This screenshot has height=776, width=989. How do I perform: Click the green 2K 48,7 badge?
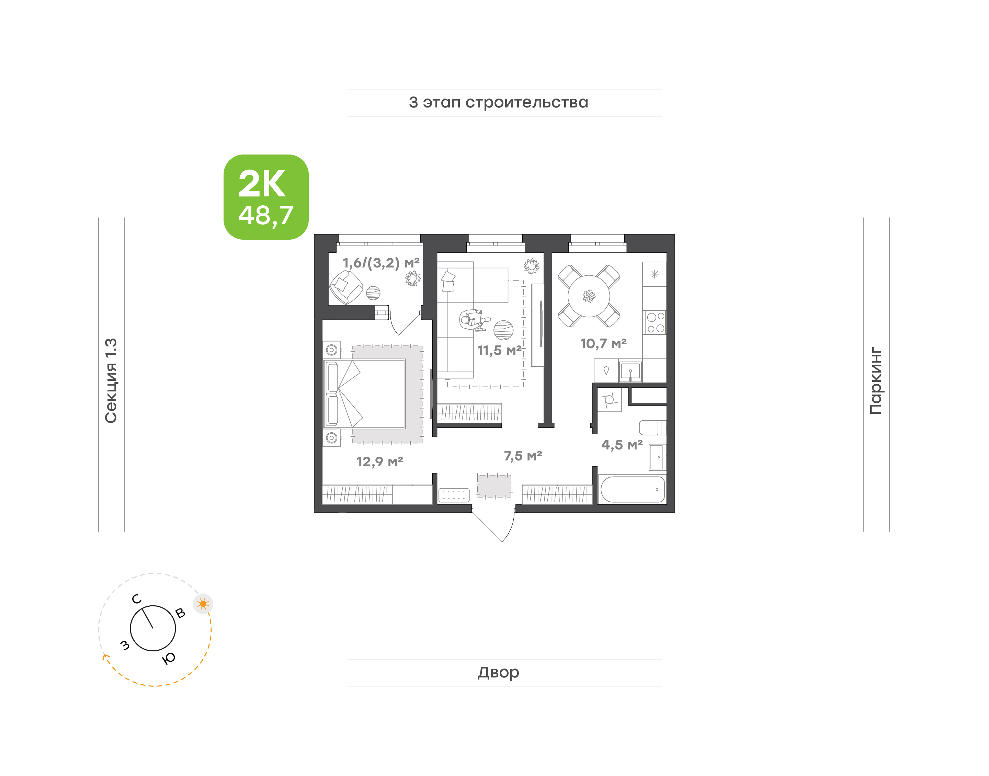point(266,197)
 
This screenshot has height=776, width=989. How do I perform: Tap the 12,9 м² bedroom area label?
point(380,461)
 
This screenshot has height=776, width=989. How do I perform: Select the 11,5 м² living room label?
point(499,350)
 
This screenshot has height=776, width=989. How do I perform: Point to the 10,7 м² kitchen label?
point(603,343)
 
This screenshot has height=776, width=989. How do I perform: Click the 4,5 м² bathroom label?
point(622,444)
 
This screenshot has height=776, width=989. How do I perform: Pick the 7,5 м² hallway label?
point(523,456)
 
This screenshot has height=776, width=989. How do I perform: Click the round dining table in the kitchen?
point(589,296)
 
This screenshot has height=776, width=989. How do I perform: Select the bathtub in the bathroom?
point(633,489)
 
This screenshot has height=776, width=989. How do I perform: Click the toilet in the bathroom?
point(652,427)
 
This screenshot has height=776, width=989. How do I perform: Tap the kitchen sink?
point(630,371)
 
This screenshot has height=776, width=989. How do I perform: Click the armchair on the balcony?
point(346,287)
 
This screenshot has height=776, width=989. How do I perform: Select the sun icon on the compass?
point(203,604)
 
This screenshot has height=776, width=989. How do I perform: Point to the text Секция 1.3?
point(111,381)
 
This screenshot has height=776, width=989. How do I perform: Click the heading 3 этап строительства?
point(498,103)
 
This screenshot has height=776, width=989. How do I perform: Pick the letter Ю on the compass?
point(169,658)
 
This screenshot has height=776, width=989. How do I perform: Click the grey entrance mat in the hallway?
point(494,485)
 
